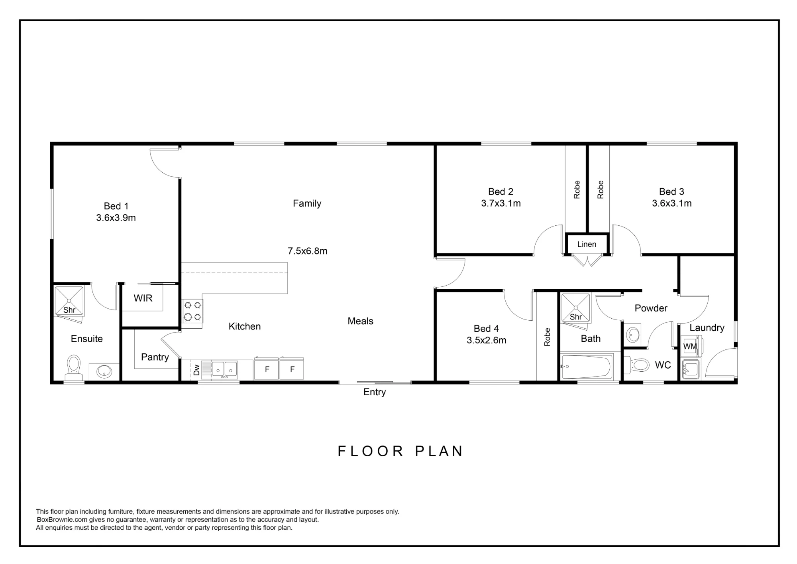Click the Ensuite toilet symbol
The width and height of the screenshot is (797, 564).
coord(73,368)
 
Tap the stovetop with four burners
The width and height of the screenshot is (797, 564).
coord(192,312)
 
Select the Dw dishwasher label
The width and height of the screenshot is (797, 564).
coord(196,370)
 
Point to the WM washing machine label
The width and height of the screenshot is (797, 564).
coord(690,346)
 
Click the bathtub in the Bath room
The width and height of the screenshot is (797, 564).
coord(586,367)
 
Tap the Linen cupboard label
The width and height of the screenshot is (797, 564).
coord(587,244)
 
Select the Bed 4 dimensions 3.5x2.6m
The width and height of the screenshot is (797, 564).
coord(487,340)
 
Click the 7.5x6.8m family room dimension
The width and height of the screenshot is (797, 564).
coord(308,251)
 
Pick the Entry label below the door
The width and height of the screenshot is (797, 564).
coord(375,392)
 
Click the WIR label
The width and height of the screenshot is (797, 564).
coord(143,298)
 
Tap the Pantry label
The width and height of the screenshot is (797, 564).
coord(155,357)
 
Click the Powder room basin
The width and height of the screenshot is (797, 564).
coord(633,334)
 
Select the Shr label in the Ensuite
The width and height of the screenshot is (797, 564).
coord(69,310)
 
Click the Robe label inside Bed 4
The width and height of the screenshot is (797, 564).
coord(547,337)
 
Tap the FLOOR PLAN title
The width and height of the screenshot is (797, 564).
coord(400,451)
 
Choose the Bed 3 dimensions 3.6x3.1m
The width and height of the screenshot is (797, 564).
coord(672,203)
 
